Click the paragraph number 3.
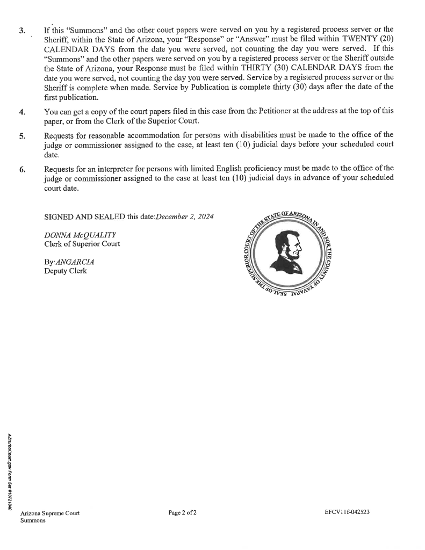[x=21, y=30]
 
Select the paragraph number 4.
[x=22, y=112]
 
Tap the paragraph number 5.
[x=22, y=136]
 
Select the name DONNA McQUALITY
[x=73, y=235]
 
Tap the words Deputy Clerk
[x=65, y=271]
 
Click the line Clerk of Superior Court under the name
[x=82, y=243]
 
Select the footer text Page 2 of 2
[x=182, y=512]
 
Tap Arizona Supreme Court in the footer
[x=50, y=513]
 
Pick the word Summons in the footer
[x=33, y=520]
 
